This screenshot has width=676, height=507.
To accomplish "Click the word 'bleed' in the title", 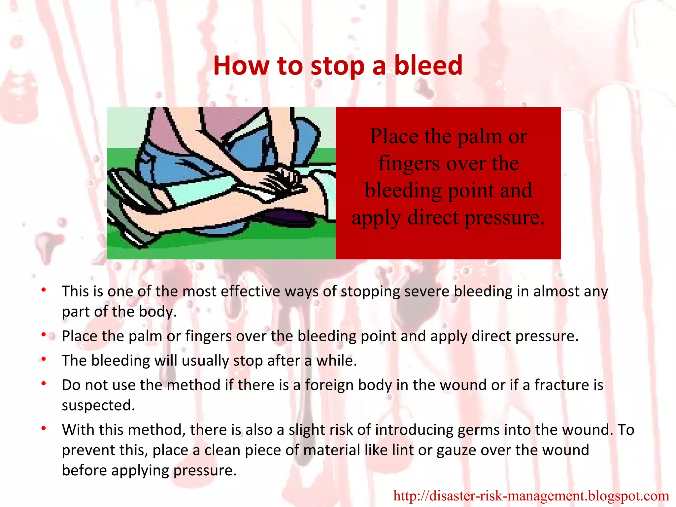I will click(x=428, y=65).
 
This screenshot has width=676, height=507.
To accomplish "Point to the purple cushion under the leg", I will click(x=287, y=218).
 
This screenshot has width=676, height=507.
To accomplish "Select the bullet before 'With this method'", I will click(x=44, y=429).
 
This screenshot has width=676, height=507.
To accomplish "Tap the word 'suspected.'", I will click(x=98, y=405).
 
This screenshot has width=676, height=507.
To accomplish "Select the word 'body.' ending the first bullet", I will click(x=158, y=312).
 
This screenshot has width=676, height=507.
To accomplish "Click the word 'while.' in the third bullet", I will click(x=337, y=360).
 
